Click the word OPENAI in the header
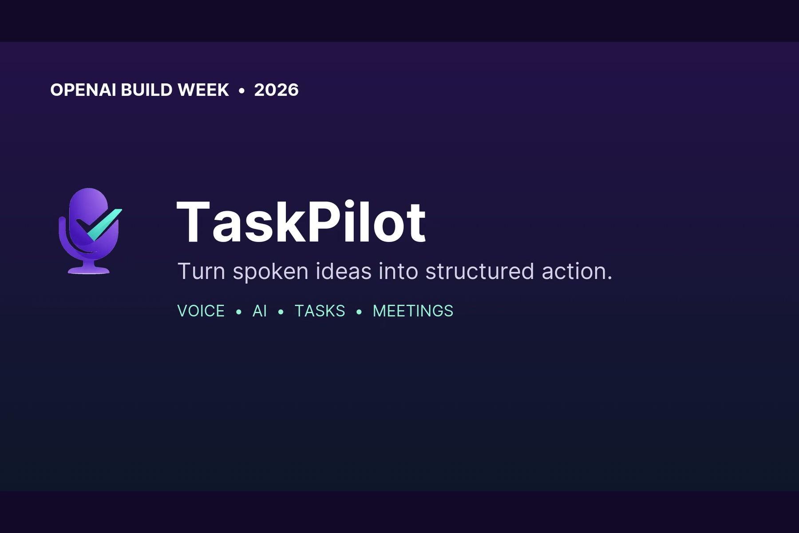point(83,90)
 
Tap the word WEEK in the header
point(203,90)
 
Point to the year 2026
point(276,90)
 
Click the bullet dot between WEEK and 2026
point(241,91)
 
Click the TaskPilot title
point(301,222)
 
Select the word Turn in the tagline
point(202,271)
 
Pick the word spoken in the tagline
point(270,272)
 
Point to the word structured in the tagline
point(479,271)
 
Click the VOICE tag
point(201,311)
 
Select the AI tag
point(260,311)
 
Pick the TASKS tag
point(320,311)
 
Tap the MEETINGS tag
point(413,311)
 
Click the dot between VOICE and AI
point(239,312)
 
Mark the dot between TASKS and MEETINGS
point(359,312)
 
